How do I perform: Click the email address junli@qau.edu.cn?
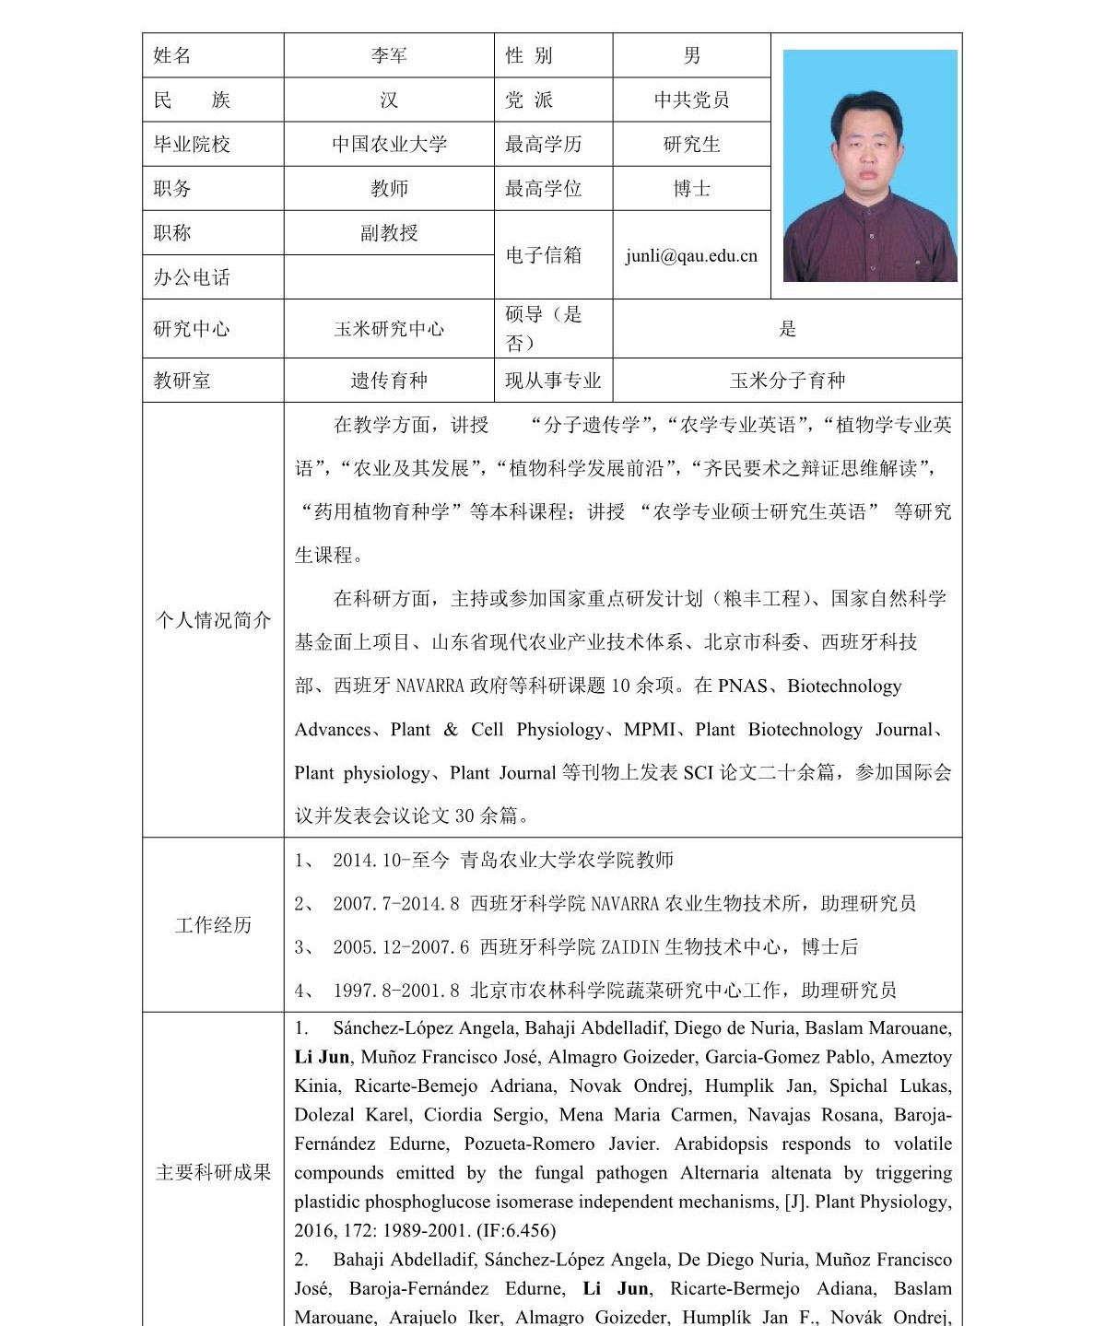tap(691, 256)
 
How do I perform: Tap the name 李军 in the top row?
tap(389, 56)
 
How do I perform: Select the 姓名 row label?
tap(172, 56)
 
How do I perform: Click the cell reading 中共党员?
tap(691, 100)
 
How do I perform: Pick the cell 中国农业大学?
tap(389, 145)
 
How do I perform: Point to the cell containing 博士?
tap(691, 189)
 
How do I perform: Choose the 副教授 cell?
tap(389, 233)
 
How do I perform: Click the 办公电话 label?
tap(192, 277)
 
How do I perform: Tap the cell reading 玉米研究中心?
tap(389, 329)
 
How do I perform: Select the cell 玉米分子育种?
tap(787, 381)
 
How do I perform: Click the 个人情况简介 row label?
tap(213, 620)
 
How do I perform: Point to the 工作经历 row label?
tap(213, 925)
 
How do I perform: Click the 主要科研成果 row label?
tap(213, 1172)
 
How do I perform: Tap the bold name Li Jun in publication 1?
tap(323, 1057)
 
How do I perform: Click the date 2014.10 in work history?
tap(367, 861)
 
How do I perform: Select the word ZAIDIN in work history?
tap(630, 947)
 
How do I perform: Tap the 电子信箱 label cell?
tap(544, 255)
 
